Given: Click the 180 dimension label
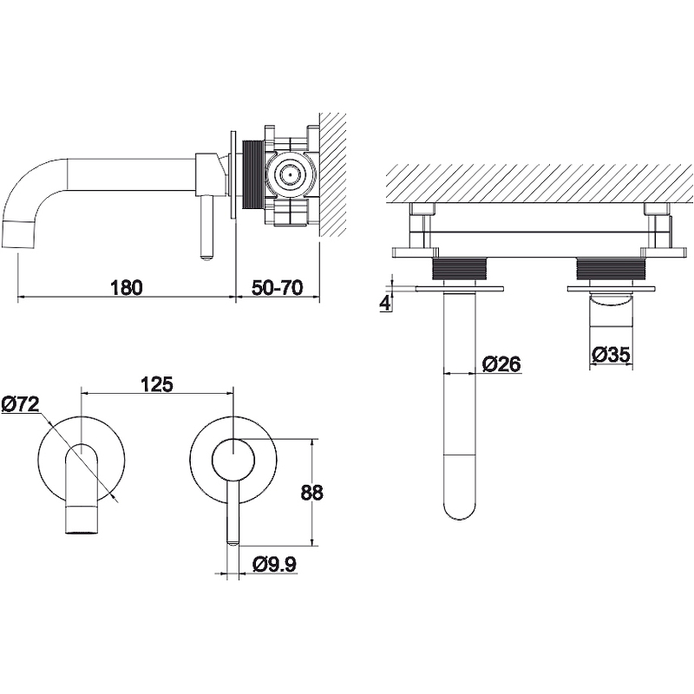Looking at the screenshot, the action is (126, 288).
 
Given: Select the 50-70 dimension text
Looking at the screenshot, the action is (278, 288).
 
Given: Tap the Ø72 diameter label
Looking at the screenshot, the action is (21, 404).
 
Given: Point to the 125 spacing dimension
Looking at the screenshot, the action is (157, 384).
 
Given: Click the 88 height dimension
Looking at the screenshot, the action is (312, 492).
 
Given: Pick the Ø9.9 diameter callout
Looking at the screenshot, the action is (274, 565).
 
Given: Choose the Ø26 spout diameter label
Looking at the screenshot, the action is (501, 363).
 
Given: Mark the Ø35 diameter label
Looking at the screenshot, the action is (611, 354).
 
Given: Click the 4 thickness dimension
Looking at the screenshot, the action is (385, 303).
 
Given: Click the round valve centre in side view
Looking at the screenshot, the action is (290, 174).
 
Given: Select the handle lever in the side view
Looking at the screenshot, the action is (206, 228).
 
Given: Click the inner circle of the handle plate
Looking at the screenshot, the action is (232, 461).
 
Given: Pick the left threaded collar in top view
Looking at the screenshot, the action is (461, 270).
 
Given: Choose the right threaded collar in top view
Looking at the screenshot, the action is (612, 270).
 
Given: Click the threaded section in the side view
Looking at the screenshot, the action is (252, 174).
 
